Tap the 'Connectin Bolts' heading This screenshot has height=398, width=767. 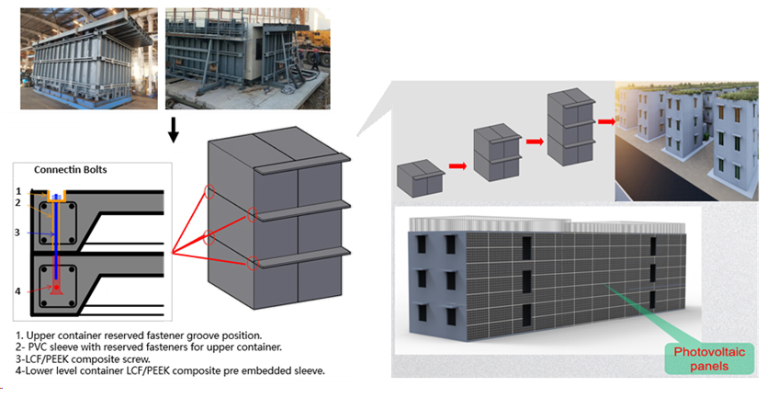[x=73, y=170]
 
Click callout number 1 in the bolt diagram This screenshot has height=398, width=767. [x=17, y=190]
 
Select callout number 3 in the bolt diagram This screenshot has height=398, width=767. [x=17, y=233]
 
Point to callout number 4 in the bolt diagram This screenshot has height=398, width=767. [x=17, y=292]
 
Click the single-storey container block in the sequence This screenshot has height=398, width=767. [x=419, y=175]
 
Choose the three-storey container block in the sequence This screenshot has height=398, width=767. [x=568, y=124]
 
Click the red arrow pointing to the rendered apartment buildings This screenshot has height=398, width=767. [x=605, y=119]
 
